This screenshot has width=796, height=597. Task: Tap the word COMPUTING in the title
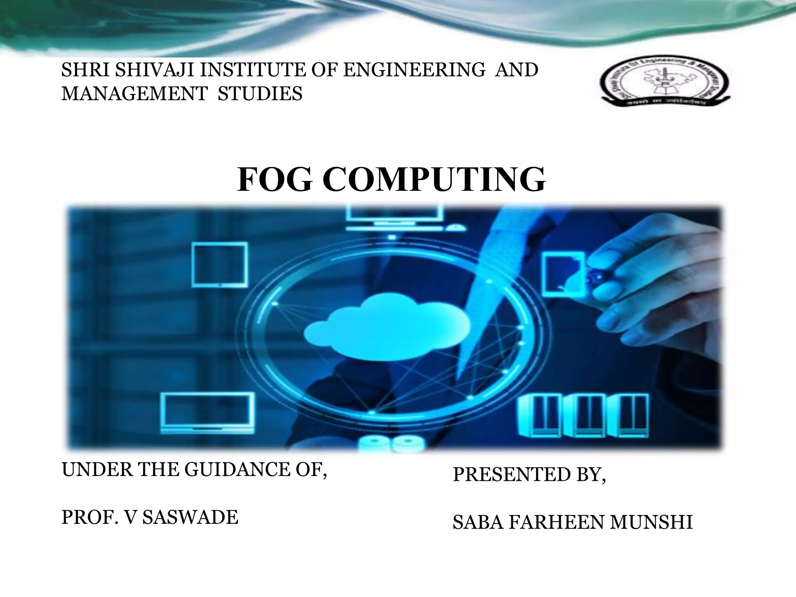pos(434,180)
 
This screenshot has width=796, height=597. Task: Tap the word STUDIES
pos(260,94)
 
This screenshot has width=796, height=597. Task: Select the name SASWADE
pos(190,517)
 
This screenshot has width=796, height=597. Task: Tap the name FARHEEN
pos(556,522)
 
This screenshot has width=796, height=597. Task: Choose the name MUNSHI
pos(651,522)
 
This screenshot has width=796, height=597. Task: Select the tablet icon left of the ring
pos(220,264)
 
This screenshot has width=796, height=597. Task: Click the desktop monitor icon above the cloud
pos(394,218)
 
